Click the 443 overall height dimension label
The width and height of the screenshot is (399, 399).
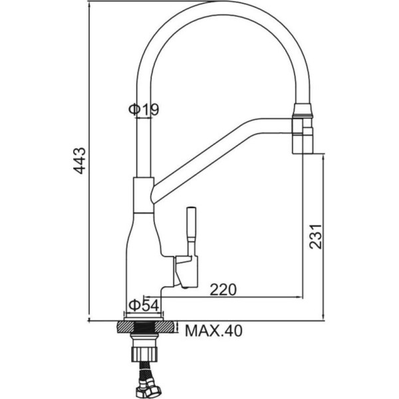coord(79,160)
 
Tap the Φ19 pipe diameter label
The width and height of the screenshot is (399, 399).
coord(144,110)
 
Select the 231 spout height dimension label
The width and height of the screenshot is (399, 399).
coord(316,236)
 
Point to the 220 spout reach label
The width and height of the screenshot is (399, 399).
coord(223,290)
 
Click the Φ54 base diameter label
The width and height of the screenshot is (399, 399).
coord(144,305)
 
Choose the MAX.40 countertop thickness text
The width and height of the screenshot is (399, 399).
coord(213,331)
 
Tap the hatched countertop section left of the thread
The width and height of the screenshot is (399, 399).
coord(125,327)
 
